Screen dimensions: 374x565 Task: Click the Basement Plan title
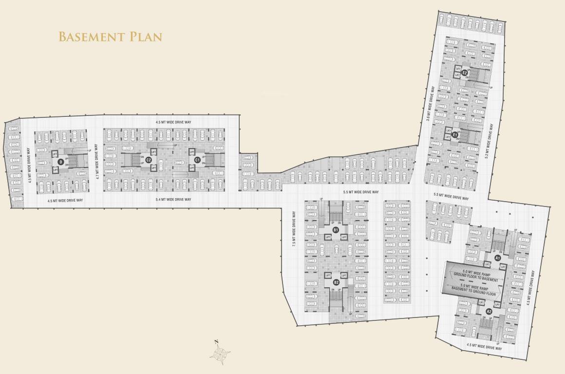110,37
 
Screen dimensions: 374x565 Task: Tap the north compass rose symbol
220,352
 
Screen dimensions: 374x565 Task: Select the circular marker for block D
60,162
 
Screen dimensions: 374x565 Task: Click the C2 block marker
149,160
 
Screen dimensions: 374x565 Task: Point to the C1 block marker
197,160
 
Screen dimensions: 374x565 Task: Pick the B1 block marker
335,229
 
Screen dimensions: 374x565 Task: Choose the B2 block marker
336,282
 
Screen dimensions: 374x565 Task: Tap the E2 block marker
465,73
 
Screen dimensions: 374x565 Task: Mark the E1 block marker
454,134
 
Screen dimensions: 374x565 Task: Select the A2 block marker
489,311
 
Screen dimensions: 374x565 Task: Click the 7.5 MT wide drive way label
295,229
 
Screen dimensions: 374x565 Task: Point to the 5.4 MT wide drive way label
173,200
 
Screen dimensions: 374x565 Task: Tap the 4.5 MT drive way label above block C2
174,121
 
